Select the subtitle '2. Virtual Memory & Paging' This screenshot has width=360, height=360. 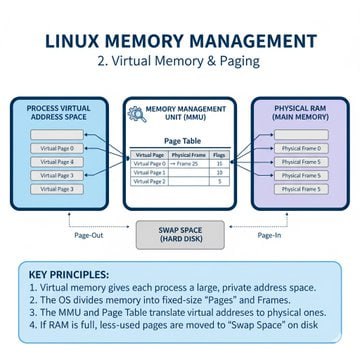tap(180, 61)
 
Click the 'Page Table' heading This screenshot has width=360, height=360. tap(180, 141)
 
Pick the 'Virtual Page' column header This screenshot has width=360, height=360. tap(149, 155)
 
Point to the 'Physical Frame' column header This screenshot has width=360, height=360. tap(187, 155)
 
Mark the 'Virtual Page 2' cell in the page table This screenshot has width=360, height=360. tap(149, 181)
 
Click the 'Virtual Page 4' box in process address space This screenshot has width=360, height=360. tap(56, 161)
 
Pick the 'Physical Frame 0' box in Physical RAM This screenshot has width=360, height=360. tap(302, 148)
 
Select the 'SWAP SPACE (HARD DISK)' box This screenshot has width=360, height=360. tap(180, 235)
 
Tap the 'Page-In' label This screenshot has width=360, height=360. tap(268, 236)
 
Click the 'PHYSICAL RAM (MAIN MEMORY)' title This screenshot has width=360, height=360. tap(302, 113)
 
